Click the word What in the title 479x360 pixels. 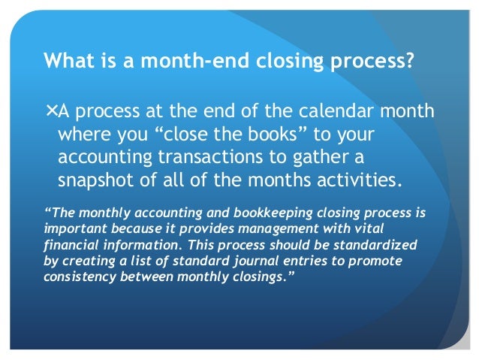pos(68,59)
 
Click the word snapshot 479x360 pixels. pos(94,180)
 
